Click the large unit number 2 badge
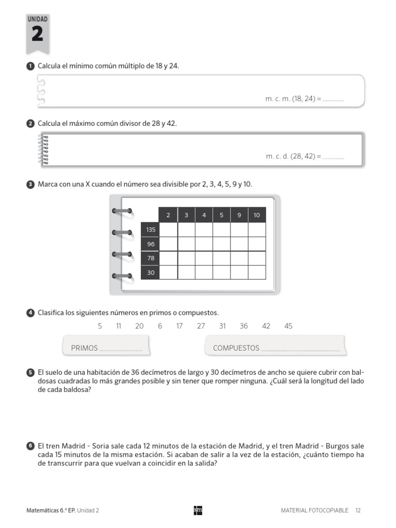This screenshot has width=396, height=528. [x=38, y=34]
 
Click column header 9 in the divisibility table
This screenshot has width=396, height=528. [x=239, y=215]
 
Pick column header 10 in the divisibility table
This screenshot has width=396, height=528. [x=257, y=215]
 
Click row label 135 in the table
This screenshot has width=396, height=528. [x=150, y=229]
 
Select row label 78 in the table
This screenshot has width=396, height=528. [x=150, y=258]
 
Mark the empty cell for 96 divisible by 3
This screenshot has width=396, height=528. [x=186, y=244]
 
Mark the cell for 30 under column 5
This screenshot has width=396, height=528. [x=222, y=272]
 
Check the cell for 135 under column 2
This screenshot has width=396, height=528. [x=168, y=229]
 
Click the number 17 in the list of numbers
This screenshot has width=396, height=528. [x=179, y=326]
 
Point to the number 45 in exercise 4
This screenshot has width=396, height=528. [x=288, y=326]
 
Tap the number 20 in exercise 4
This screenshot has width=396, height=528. [x=139, y=326]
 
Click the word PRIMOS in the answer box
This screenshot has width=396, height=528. [x=84, y=348]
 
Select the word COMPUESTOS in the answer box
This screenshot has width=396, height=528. [x=236, y=348]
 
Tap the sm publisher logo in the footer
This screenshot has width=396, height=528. [x=197, y=510]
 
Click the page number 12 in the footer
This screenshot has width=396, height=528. [x=358, y=510]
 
